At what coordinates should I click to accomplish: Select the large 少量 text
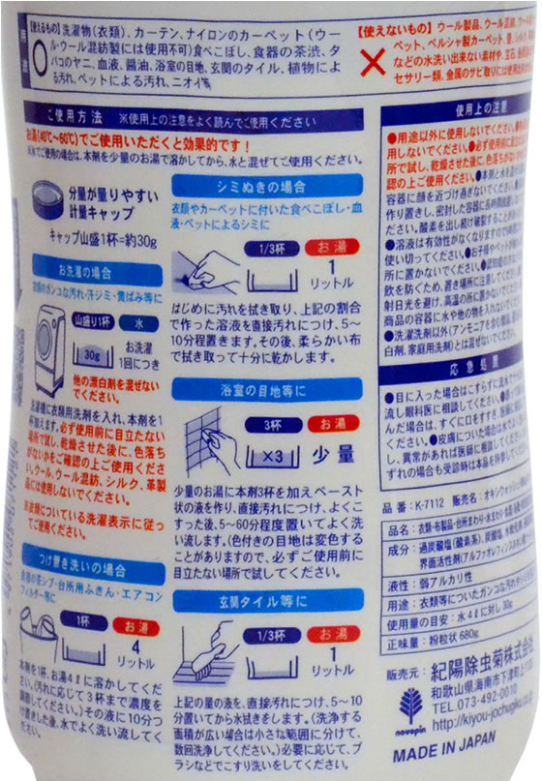331,451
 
